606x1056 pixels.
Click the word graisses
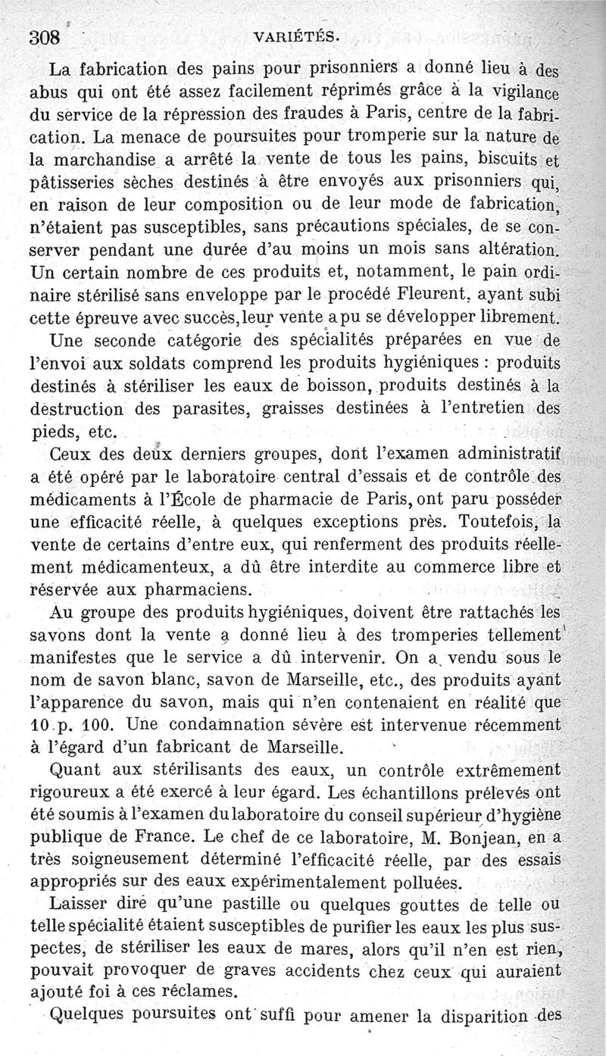[x=294, y=409]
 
